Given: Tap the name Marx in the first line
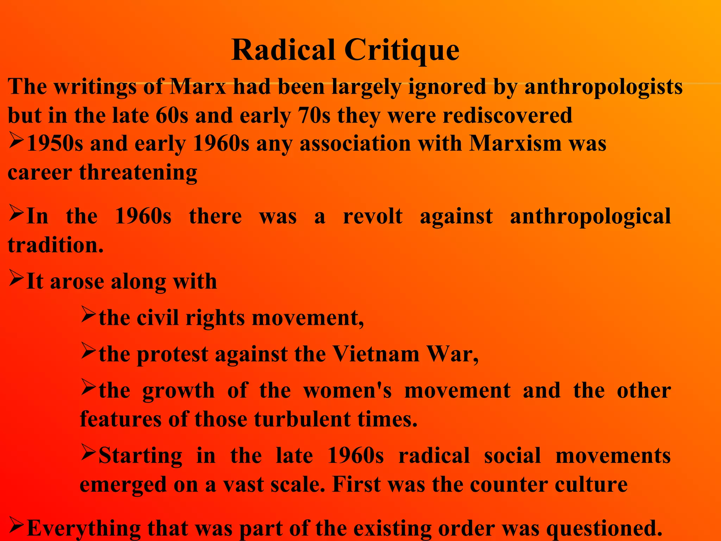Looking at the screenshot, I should (x=198, y=87).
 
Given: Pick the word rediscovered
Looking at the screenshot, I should (x=507, y=116).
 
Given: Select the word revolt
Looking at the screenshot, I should (x=373, y=216).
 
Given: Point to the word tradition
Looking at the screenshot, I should (x=55, y=245).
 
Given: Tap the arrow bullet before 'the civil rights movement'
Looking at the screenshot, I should (x=88, y=314).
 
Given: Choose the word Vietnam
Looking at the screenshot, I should (x=376, y=354).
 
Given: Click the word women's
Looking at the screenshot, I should (x=347, y=391).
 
